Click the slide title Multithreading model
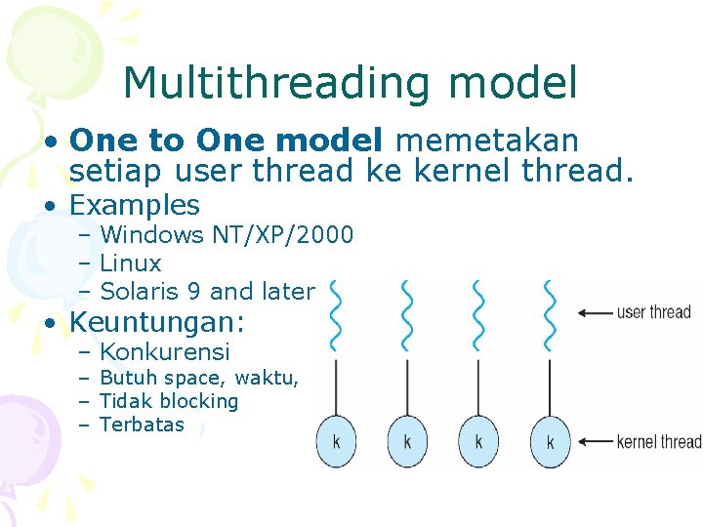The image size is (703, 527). point(351,83)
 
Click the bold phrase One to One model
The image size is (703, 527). point(227,141)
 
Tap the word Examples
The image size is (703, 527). point(135,205)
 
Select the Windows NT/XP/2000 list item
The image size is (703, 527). point(227,235)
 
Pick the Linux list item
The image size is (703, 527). point(131,263)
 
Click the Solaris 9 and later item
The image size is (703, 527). point(207,291)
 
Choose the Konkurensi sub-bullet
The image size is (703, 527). point(165,352)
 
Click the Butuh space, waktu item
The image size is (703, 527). point(199,379)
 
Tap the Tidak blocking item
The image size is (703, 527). point(169,401)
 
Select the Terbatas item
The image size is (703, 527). point(142,425)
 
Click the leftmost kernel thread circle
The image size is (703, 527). point(336,441)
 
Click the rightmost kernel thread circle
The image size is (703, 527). point(550,441)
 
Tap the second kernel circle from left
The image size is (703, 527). point(407,441)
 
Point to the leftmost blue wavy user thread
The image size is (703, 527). point(336,314)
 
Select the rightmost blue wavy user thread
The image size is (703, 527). point(550,314)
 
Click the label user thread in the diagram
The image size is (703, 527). point(653,312)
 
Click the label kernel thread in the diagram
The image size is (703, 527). point(658,442)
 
